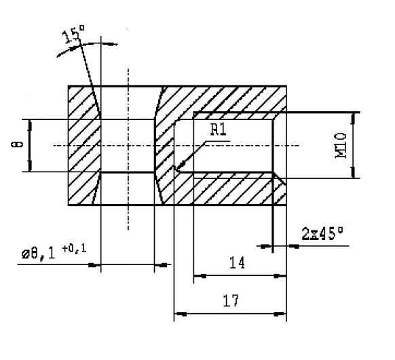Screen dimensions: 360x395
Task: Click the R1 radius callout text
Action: tap(217, 131)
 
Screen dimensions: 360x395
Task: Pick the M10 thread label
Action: tap(341, 145)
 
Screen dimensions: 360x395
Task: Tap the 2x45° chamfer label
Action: tap(322, 233)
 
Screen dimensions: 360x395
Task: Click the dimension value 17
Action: tap(231, 301)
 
